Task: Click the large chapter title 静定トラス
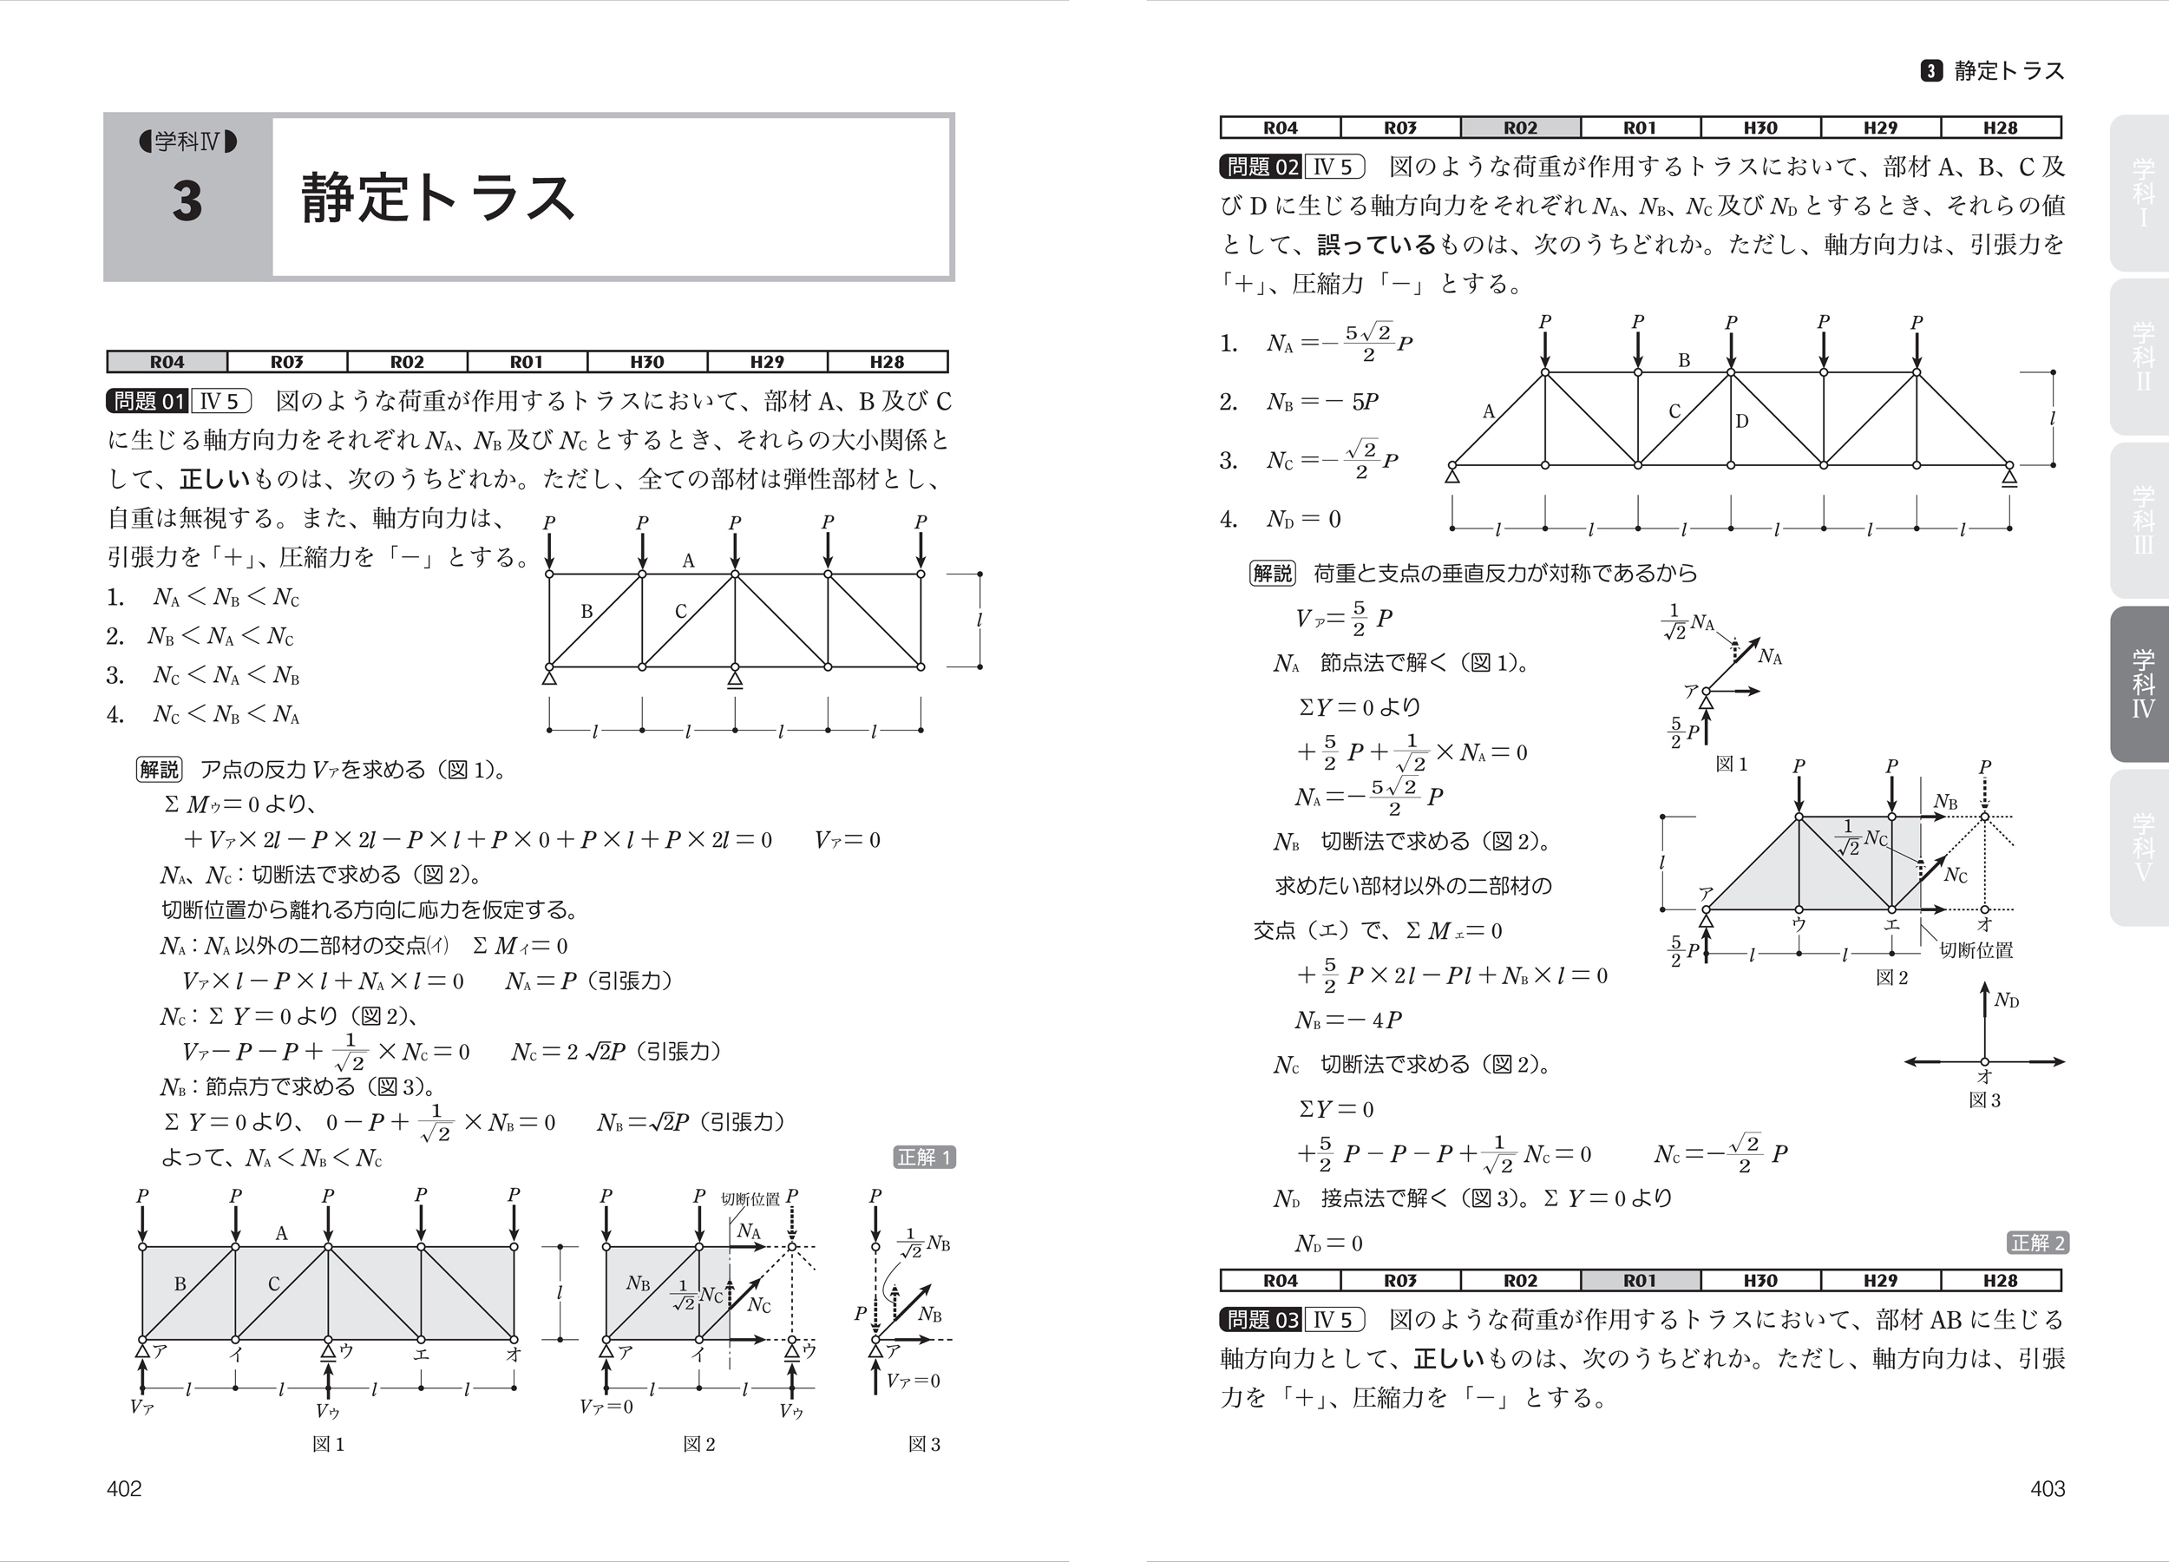pos(438,198)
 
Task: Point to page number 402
pos(124,1488)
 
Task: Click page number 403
pos(2048,1488)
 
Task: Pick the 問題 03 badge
pos(1261,1320)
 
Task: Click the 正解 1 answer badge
pos(925,1158)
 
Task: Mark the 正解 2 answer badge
pos(2038,1243)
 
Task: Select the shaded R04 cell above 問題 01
pos(167,362)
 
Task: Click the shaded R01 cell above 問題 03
pos(1639,1281)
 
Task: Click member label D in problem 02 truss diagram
pos(1741,421)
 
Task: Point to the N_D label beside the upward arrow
pos(2007,1001)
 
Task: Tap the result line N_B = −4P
pos(1348,1020)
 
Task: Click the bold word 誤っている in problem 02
pos(1377,245)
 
